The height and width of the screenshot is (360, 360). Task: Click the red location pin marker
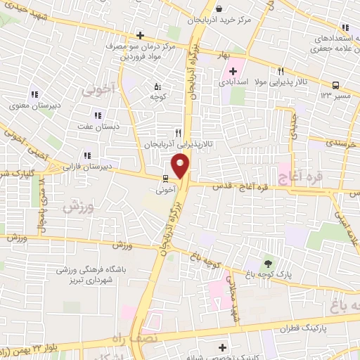(x=181, y=167)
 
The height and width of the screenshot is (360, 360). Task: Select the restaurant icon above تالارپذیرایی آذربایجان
(x=179, y=131)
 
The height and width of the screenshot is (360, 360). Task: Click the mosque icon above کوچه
(x=157, y=86)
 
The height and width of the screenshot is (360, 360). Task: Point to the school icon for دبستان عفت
(x=97, y=116)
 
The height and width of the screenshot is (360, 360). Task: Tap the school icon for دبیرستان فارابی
(x=86, y=155)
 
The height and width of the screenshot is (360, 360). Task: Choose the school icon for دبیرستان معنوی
(x=33, y=95)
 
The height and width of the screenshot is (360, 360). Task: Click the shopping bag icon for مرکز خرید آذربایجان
(x=219, y=9)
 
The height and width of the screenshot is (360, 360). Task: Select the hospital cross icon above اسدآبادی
(x=233, y=71)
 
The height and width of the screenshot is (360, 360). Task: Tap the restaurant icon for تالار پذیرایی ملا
(x=281, y=71)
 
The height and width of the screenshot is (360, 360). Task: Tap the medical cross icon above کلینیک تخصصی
(x=223, y=347)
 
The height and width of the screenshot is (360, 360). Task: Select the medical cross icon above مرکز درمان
(x=140, y=35)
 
